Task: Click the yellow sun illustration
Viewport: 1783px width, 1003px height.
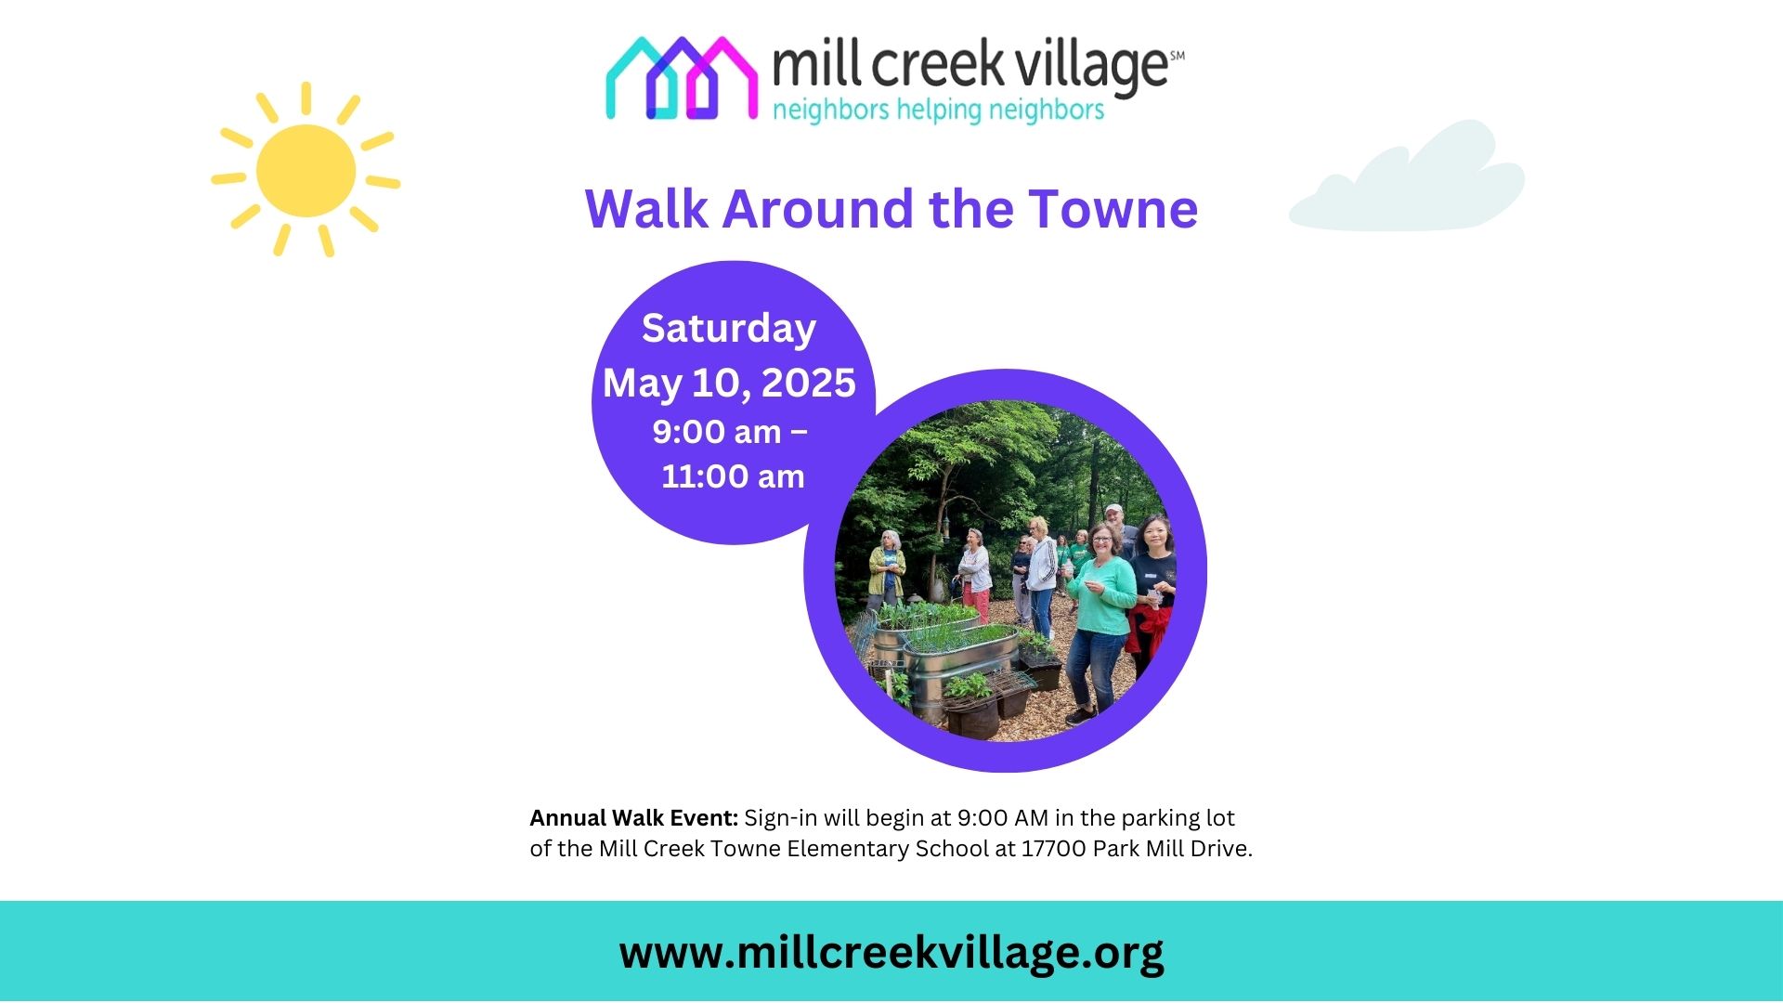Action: (x=306, y=170)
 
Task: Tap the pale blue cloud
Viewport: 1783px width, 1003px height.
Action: (x=1407, y=176)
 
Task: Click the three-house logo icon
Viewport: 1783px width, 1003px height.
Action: (x=681, y=78)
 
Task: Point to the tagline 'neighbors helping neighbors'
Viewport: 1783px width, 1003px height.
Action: (x=938, y=110)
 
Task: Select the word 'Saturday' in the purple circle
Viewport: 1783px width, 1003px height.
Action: (x=729, y=329)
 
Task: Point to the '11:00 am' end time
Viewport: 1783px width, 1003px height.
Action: (x=733, y=476)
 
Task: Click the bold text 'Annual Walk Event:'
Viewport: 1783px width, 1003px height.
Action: (x=633, y=818)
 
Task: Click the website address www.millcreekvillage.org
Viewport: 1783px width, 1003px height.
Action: (x=891, y=953)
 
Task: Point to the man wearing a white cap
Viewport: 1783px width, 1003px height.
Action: (x=1120, y=529)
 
